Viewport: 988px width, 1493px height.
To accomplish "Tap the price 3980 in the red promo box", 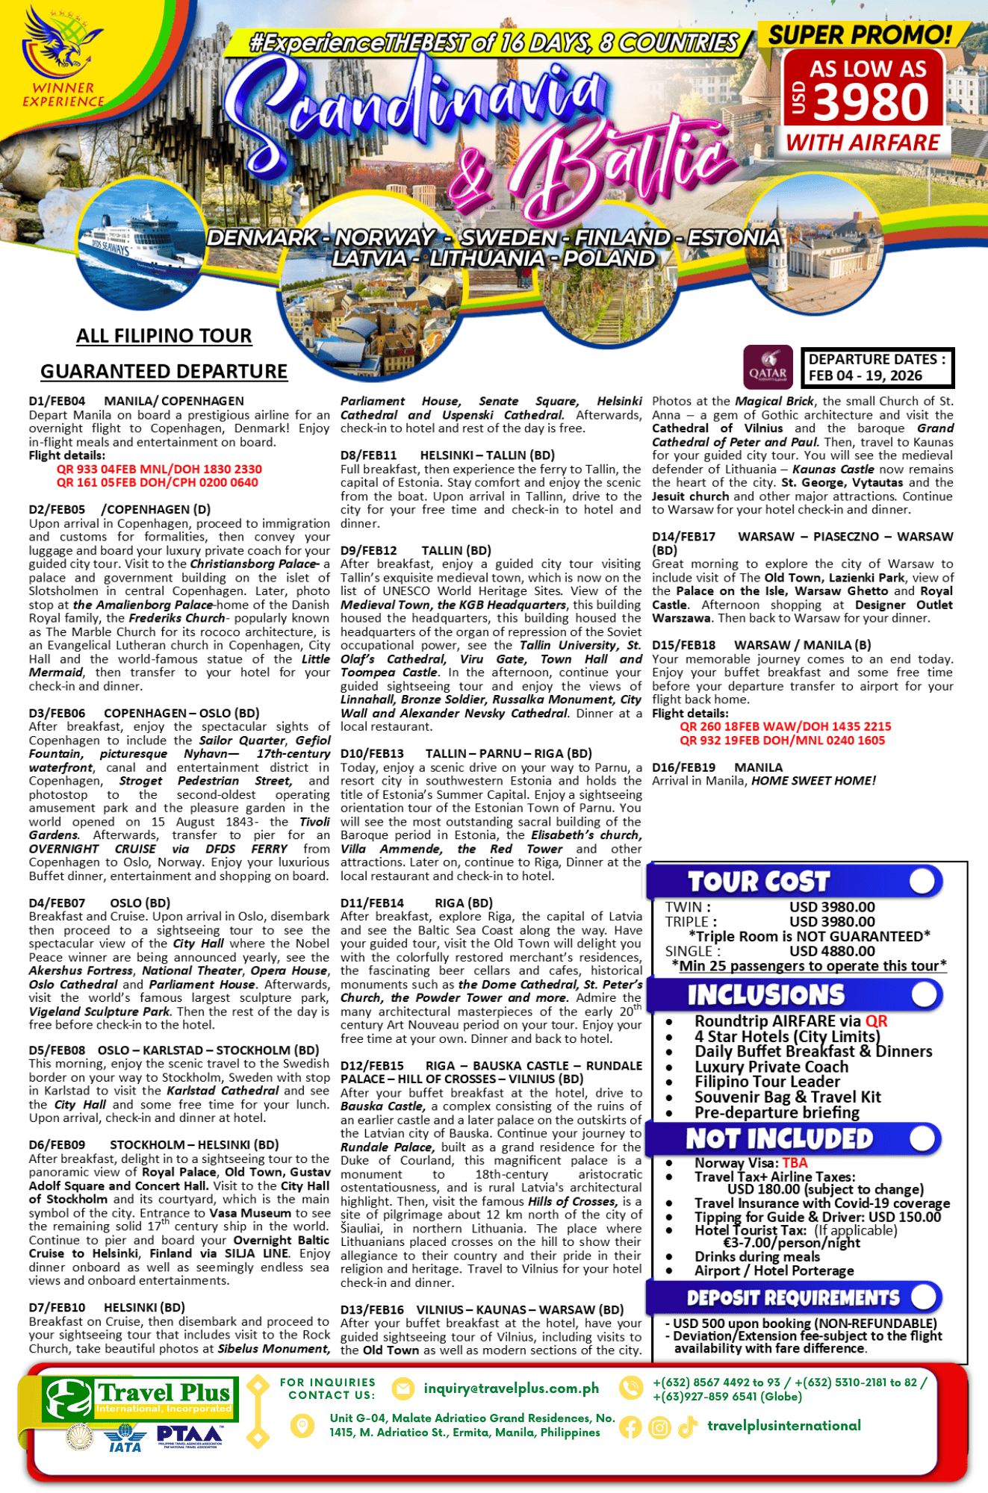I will (871, 102).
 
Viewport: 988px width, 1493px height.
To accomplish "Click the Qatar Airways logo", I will (768, 367).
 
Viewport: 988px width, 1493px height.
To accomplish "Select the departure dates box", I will (877, 367).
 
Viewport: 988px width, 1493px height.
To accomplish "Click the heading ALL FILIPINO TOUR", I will (164, 336).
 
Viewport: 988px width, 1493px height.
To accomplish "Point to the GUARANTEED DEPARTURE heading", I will (164, 372).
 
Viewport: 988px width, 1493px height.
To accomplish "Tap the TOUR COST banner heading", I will (758, 882).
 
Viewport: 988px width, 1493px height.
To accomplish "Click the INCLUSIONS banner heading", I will (765, 995).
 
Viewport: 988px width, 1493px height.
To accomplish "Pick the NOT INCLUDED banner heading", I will (779, 1139).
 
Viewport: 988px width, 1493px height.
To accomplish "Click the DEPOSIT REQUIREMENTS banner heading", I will (792, 1297).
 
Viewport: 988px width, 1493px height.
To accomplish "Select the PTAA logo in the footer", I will (190, 1436).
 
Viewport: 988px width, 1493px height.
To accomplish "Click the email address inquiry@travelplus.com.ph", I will (511, 1388).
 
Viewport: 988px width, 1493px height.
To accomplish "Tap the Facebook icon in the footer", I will (630, 1427).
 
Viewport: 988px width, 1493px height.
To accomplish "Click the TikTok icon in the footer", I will (687, 1427).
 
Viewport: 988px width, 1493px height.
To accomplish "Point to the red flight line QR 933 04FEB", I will (159, 469).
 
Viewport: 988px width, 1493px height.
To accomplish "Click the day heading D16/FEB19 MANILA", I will (717, 767).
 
